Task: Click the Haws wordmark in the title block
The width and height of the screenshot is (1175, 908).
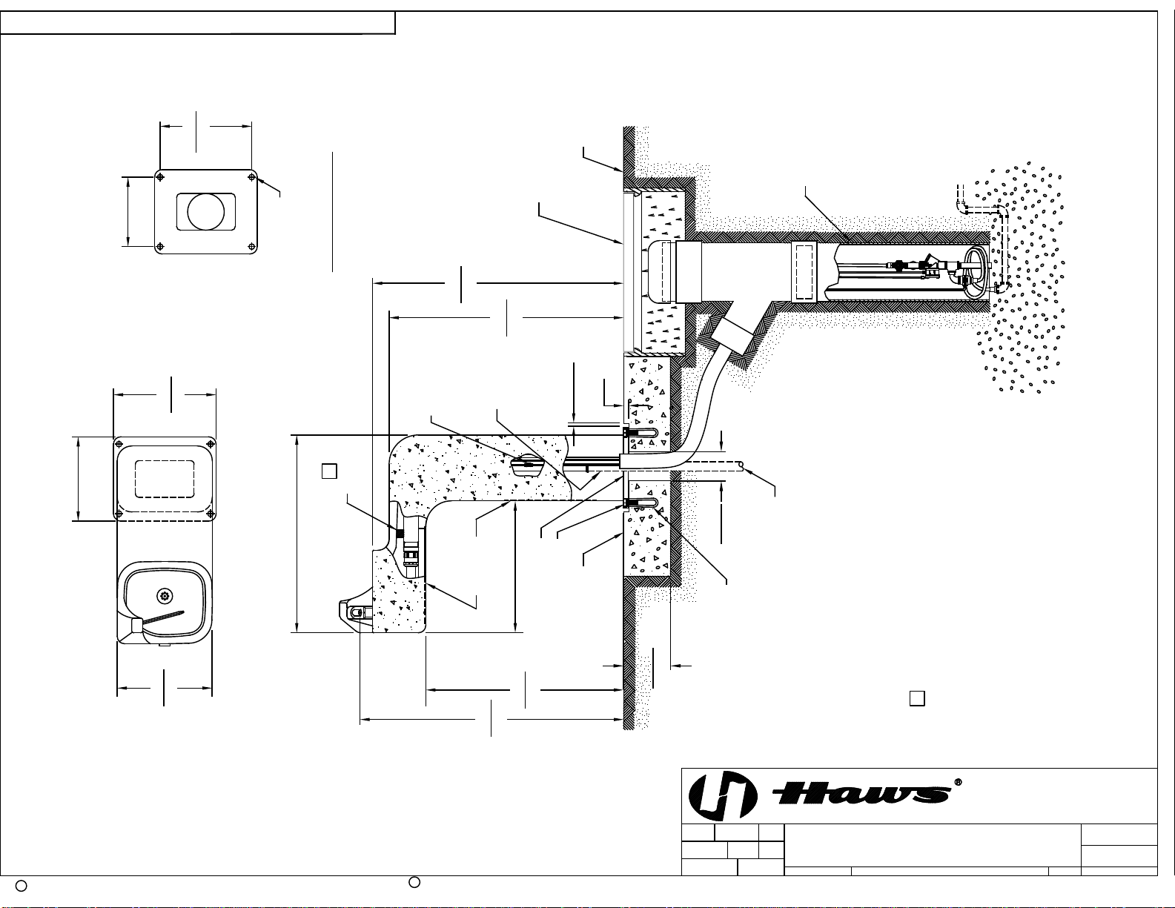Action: click(862, 794)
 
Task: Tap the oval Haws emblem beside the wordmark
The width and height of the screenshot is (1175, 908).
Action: click(722, 795)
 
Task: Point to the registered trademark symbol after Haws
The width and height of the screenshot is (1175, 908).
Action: click(959, 782)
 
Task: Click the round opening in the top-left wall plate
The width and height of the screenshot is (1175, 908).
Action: click(205, 212)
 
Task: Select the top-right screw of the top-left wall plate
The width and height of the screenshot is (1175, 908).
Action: click(251, 176)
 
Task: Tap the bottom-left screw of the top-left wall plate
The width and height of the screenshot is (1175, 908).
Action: click(159, 247)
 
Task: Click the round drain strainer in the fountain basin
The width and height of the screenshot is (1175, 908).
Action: click(164, 596)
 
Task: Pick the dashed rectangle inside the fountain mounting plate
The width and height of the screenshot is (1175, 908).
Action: click(165, 479)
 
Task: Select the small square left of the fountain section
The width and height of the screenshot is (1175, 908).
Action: click(329, 471)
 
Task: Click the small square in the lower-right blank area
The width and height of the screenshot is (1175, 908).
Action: click(917, 699)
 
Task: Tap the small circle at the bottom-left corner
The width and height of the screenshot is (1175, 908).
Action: click(21, 886)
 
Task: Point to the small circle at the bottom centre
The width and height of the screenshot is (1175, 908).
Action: click(414, 882)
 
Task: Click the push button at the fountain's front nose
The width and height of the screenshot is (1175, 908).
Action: click(357, 612)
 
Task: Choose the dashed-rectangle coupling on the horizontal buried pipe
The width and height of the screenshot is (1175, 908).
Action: click(804, 271)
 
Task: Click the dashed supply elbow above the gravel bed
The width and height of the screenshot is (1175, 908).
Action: click(982, 211)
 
